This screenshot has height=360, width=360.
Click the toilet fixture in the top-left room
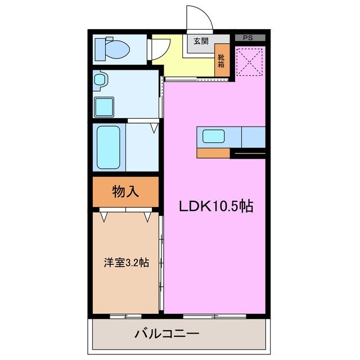pos(115,49)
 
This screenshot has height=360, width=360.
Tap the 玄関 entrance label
pos(201,41)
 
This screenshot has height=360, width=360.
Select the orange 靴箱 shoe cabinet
pos(222,59)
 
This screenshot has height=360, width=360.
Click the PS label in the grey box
pos(247,38)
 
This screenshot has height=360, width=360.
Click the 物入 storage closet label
pos(125,192)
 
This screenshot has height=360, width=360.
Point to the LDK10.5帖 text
pos(215,206)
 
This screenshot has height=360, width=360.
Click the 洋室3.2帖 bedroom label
pos(126,262)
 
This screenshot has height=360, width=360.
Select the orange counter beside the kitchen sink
pos(213,153)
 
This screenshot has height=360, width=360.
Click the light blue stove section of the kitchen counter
pos(253,137)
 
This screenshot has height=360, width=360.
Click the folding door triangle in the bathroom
pos(154,129)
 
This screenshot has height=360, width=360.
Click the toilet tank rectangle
pos(100,49)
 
